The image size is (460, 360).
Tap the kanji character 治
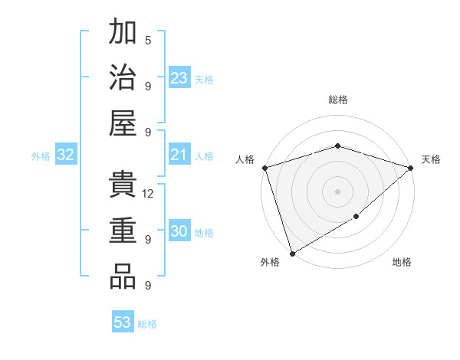123,77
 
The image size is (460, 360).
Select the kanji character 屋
123,123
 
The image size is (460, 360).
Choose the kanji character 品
123,277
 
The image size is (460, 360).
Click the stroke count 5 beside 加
148,40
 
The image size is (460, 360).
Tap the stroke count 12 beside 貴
149,193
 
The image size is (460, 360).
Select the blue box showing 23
179,78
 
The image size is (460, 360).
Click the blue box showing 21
179,155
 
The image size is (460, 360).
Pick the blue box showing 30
179,232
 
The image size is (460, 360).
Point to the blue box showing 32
66,155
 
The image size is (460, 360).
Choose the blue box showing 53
123,322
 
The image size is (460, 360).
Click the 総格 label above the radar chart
337,100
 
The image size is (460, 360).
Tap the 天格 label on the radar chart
431,159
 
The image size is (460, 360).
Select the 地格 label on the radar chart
402,263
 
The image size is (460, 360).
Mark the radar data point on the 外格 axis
292,254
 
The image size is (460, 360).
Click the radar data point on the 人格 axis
264,168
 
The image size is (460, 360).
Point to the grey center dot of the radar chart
337,191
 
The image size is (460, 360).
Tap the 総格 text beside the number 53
147,324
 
